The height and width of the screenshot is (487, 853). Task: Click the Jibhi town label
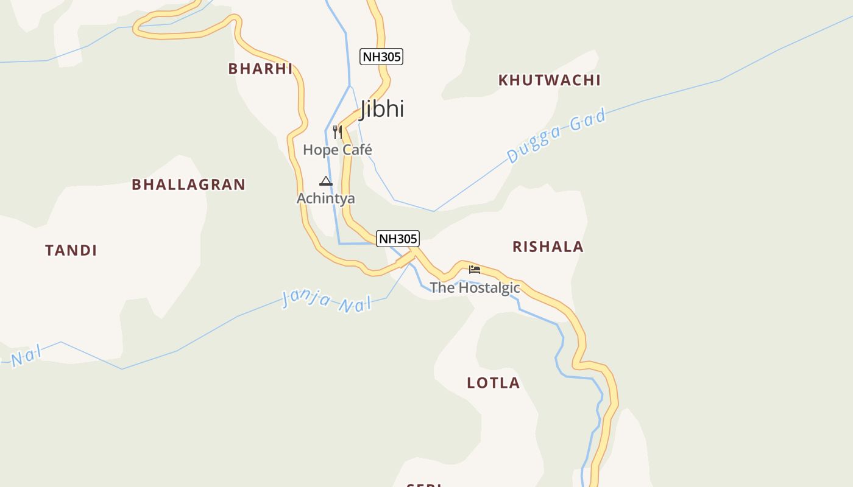[x=382, y=109]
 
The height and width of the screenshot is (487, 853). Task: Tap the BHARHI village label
[x=260, y=69]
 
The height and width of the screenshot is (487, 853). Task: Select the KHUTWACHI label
[x=550, y=80]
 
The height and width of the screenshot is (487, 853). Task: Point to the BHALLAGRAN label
[x=188, y=184]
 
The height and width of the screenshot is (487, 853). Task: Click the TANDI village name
[x=71, y=250]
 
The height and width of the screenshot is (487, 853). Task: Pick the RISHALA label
[x=548, y=247]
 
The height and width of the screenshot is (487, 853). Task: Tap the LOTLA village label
[x=494, y=383]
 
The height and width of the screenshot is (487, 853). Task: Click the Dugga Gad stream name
[x=556, y=136]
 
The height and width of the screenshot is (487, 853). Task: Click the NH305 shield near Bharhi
[x=382, y=57]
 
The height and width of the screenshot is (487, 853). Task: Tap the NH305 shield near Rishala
[x=398, y=239]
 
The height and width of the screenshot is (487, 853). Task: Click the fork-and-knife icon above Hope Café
[x=338, y=131]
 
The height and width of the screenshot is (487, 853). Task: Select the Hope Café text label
[x=338, y=150]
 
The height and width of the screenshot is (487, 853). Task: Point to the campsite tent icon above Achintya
[x=326, y=181]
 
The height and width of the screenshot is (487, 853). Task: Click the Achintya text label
[x=326, y=198]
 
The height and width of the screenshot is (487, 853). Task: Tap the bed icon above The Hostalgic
[x=475, y=269]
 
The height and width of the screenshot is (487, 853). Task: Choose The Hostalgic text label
[x=475, y=287]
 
